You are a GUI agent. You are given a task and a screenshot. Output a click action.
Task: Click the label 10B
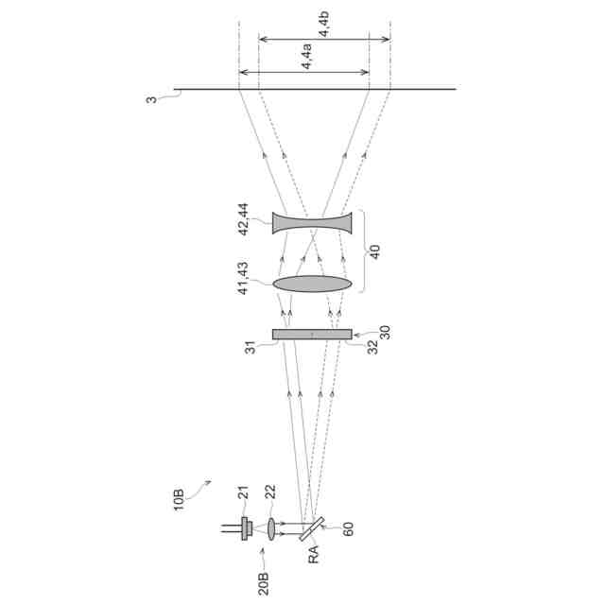[179, 500]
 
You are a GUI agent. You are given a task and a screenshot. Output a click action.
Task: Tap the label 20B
[263, 583]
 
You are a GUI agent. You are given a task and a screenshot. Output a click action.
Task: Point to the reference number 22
[270, 492]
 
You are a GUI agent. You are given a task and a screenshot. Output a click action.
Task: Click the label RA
[314, 554]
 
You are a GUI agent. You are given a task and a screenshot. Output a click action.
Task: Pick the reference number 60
[347, 528]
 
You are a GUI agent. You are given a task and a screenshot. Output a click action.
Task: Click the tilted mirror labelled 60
[312, 529]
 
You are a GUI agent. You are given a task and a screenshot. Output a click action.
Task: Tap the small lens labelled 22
[271, 528]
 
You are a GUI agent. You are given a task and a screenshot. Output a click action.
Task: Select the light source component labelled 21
[246, 528]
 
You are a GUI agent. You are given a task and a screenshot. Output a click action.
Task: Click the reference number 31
[251, 347]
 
